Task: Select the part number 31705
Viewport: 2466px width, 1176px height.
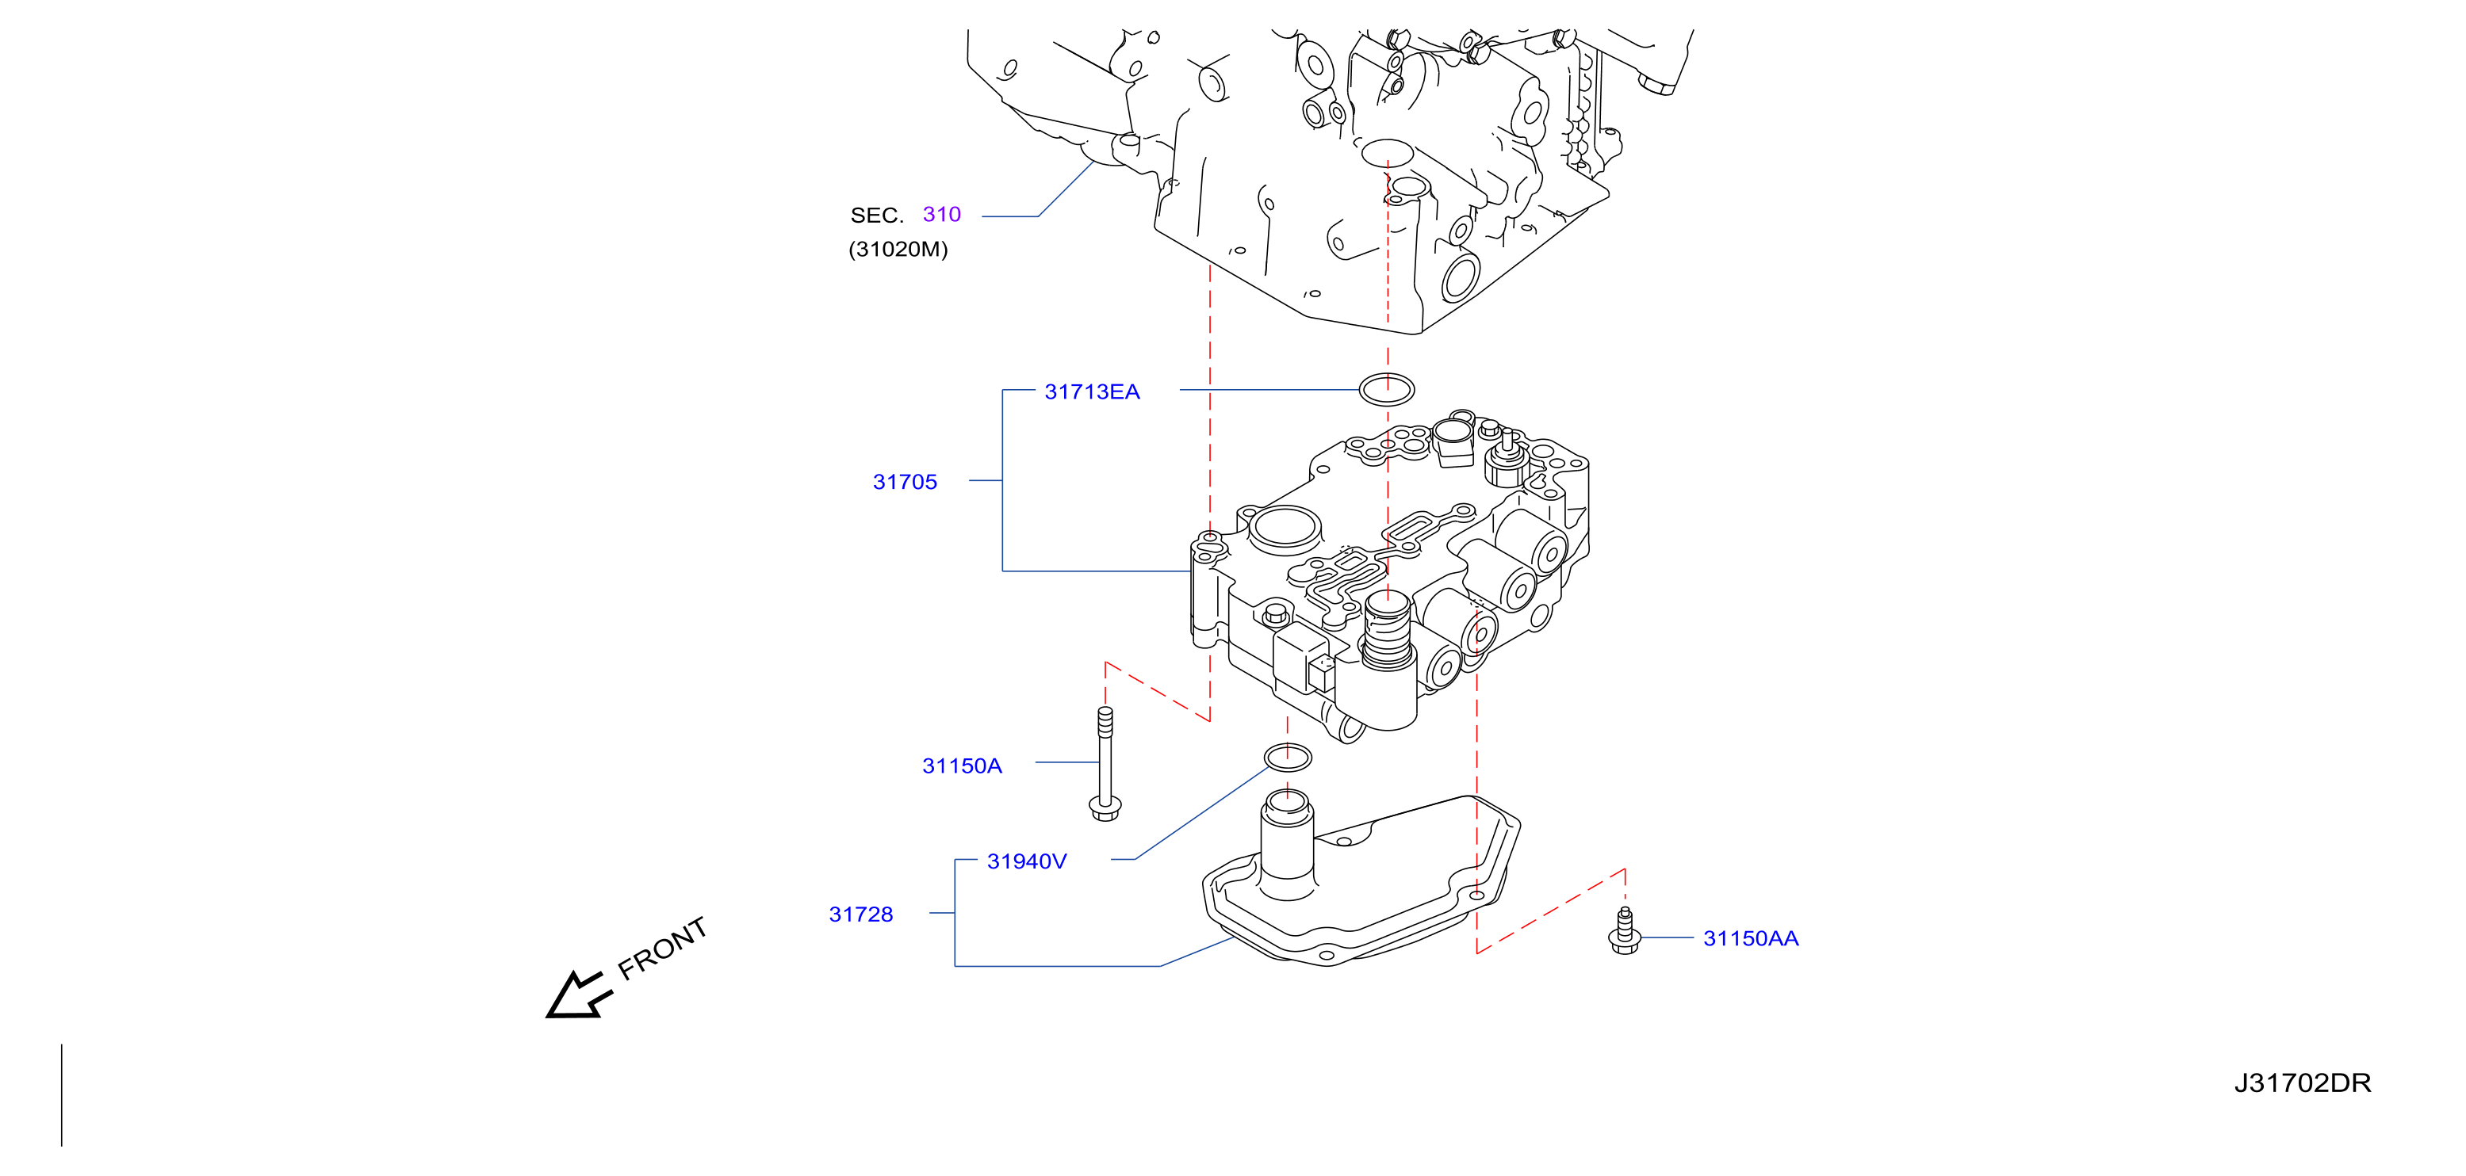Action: click(x=905, y=481)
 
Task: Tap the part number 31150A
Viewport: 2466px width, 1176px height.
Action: click(x=961, y=766)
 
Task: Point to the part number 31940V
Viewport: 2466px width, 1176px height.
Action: click(x=1026, y=861)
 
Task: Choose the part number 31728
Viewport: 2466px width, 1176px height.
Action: click(x=860, y=914)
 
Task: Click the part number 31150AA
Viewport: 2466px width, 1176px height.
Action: click(x=1750, y=937)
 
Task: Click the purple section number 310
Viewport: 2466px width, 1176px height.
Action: click(x=941, y=214)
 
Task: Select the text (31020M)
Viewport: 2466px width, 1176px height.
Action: click(x=897, y=249)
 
